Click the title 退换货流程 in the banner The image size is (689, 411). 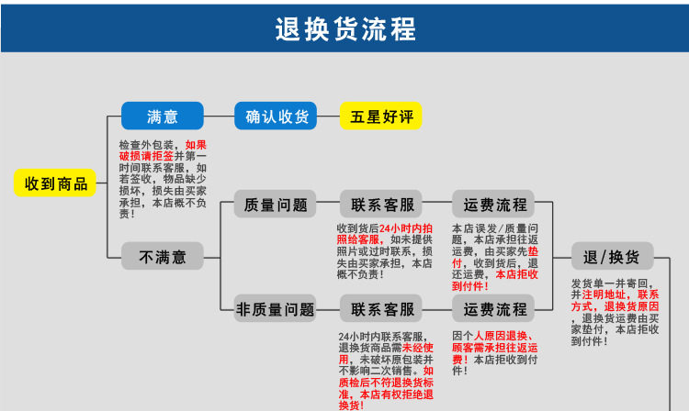point(345,29)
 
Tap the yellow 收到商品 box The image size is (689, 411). point(55,183)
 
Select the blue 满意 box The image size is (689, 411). point(162,116)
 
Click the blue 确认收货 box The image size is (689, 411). point(276,116)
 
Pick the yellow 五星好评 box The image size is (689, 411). point(381,116)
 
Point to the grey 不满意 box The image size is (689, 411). point(162,256)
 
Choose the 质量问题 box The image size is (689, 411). point(275,204)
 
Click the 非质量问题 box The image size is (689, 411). point(275,309)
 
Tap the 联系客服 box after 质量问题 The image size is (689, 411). point(381,204)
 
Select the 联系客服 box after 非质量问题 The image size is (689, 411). point(381,309)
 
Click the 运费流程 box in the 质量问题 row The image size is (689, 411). point(493,204)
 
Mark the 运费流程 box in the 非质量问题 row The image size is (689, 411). point(493,309)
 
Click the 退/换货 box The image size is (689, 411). point(613,256)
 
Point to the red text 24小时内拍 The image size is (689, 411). point(406,228)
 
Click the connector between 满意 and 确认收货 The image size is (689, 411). point(219,117)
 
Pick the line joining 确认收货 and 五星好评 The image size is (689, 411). point(328,117)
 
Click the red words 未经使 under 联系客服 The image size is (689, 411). point(418,348)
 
